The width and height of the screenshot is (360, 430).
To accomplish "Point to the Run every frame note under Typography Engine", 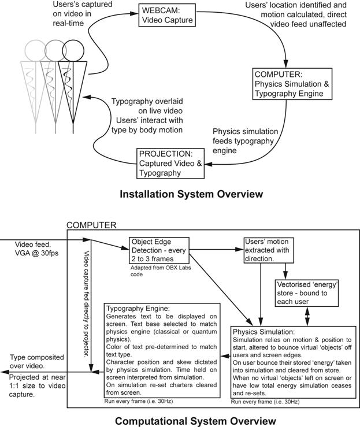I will [x=138, y=399].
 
